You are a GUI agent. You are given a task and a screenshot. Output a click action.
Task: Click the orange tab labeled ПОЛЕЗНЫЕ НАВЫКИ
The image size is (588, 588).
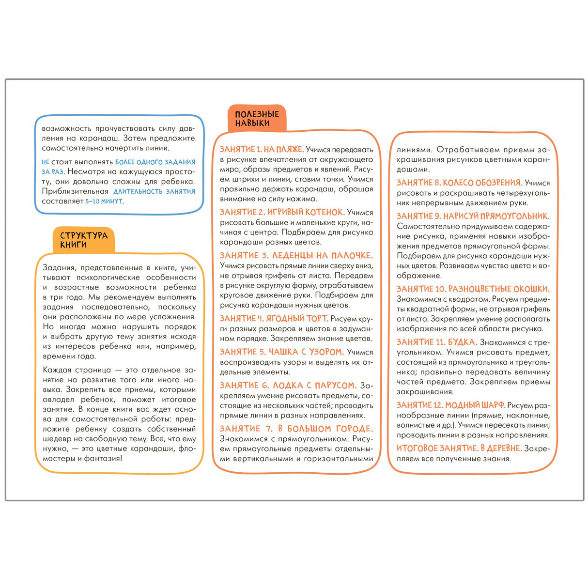[x=257, y=119]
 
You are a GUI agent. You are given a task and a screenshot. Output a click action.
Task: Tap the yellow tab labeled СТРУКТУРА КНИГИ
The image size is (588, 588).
[x=83, y=240]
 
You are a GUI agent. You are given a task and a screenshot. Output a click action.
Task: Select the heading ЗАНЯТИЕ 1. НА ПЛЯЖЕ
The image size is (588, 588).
[x=262, y=149]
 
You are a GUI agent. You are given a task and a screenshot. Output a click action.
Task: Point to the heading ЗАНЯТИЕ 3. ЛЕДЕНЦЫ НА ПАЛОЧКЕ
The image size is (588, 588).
[x=296, y=255]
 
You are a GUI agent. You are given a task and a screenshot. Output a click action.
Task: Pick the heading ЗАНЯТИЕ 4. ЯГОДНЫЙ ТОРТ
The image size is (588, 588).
[x=274, y=318]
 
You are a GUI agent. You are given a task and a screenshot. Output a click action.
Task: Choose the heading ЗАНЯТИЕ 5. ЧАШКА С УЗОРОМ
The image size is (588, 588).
[x=281, y=352]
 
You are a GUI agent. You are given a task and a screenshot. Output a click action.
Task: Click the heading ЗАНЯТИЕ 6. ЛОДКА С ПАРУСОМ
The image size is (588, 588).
[x=288, y=385]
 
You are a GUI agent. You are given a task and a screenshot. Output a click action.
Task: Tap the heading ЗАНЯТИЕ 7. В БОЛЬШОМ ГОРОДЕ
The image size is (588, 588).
[x=296, y=429]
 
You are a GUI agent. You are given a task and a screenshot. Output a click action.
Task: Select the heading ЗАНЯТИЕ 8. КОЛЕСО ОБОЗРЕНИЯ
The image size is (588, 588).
[x=459, y=183]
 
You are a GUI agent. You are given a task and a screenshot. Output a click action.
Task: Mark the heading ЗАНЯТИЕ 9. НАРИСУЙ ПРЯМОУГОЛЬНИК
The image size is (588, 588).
[x=473, y=216]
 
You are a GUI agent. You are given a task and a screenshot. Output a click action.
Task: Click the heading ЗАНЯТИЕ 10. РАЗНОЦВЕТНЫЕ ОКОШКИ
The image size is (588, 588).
[x=473, y=289]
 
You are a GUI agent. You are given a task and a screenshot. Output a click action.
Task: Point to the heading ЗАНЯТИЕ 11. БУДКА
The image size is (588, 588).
[x=437, y=342]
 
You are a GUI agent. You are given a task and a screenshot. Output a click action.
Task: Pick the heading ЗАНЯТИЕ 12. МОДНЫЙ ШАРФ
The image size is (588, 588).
[x=450, y=405]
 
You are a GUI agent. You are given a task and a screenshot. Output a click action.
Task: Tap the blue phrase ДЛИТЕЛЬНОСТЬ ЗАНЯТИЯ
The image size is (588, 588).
[x=154, y=191]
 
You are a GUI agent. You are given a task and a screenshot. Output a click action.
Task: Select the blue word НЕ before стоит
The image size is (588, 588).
[x=46, y=162]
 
